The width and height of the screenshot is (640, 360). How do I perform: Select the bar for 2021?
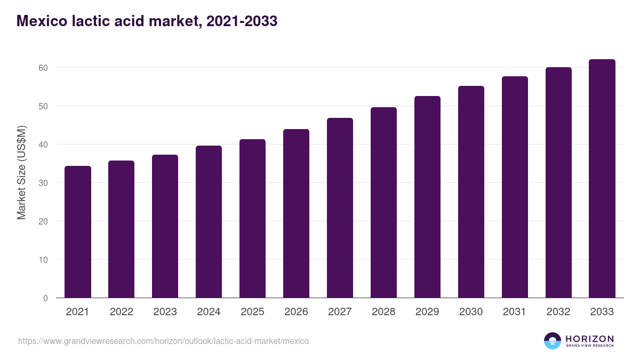[x=78, y=232]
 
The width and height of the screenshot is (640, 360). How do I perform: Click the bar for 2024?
[x=209, y=222]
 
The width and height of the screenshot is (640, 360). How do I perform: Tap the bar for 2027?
[x=340, y=208]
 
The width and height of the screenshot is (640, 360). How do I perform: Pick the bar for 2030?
[x=471, y=192]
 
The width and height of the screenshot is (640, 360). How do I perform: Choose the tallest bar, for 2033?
[x=602, y=179]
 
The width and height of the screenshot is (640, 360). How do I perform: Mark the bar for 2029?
[x=427, y=197]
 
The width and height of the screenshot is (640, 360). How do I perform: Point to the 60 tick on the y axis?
[x=43, y=68]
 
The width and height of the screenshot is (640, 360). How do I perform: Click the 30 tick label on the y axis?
[x=43, y=183]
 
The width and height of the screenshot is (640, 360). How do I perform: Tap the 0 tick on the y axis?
[x=45, y=298]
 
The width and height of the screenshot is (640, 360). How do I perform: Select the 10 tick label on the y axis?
[x=43, y=260]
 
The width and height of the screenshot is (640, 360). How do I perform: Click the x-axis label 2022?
[x=122, y=312]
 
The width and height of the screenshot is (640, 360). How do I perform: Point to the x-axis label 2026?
[x=296, y=312]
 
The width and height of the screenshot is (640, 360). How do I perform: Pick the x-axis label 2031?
[x=515, y=312]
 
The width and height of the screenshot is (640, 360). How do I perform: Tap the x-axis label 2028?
[x=383, y=312]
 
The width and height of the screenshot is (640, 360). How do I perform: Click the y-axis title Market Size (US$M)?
[x=21, y=173]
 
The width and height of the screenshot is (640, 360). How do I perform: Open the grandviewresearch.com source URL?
[x=163, y=341]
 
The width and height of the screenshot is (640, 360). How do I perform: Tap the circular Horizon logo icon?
[x=553, y=341]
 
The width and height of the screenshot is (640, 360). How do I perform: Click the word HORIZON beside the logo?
[x=589, y=339]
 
